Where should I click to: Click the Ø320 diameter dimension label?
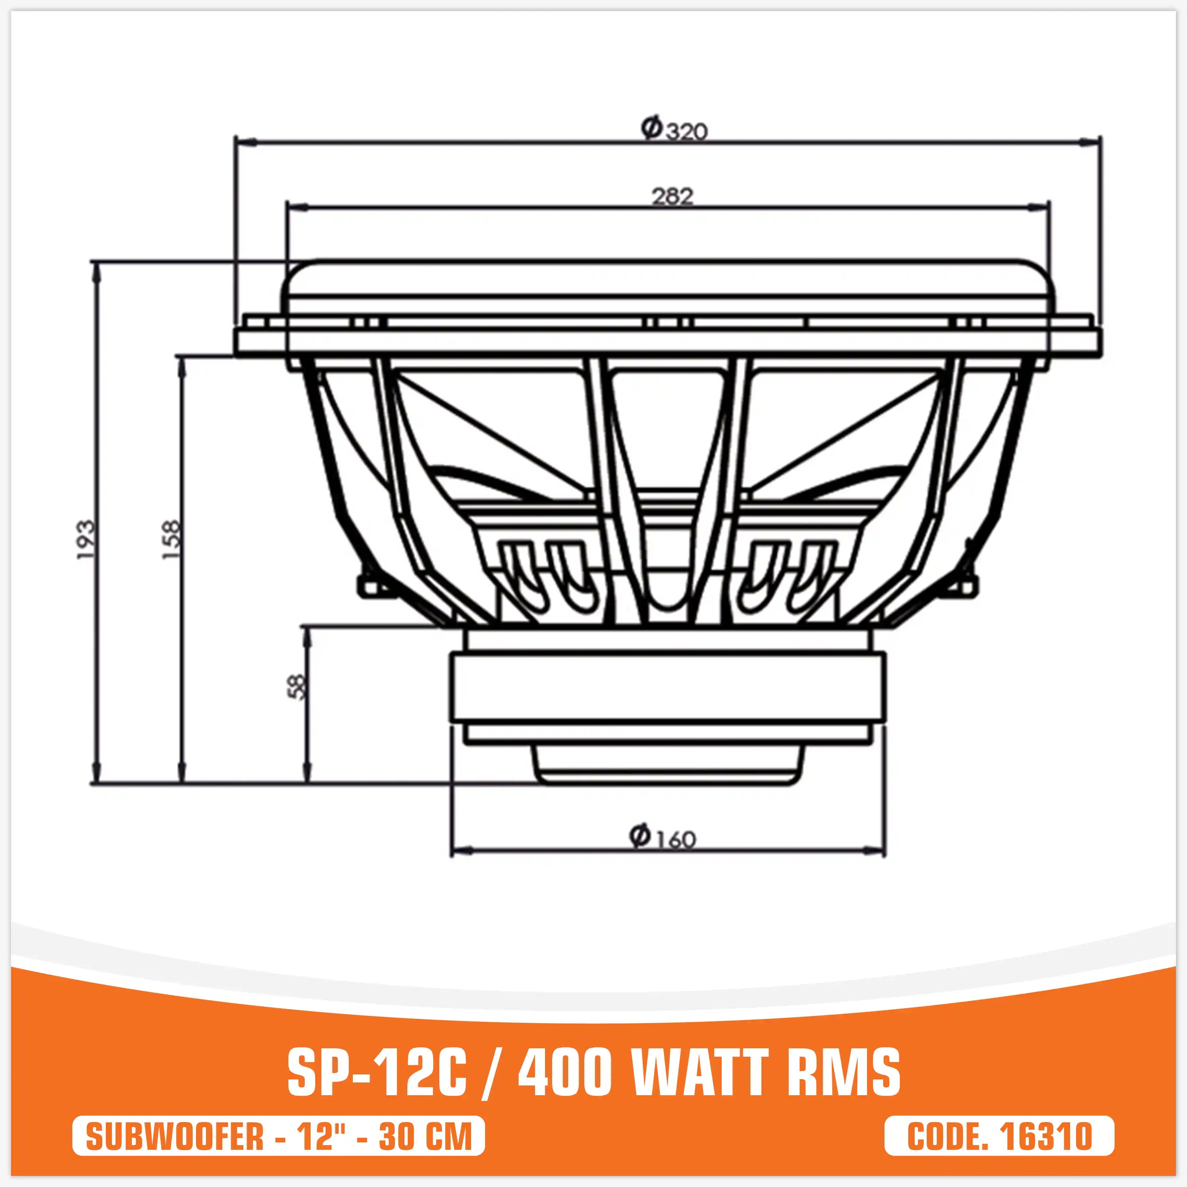[x=674, y=130]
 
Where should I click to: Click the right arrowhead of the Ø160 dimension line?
[x=878, y=851]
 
